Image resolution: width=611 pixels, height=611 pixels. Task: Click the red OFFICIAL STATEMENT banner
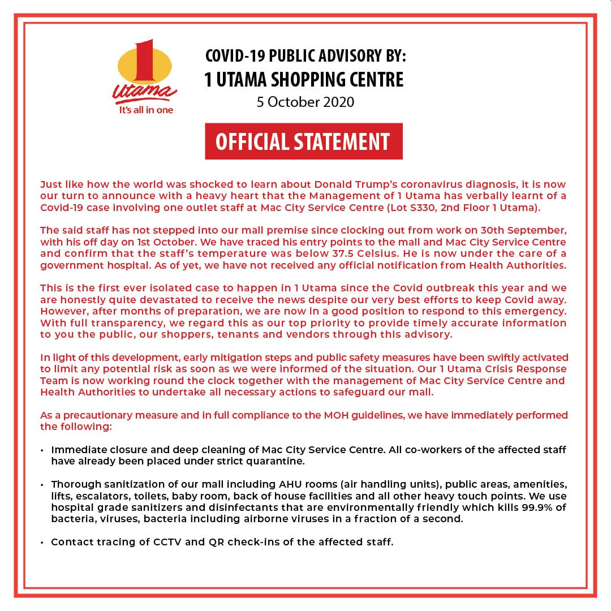click(303, 141)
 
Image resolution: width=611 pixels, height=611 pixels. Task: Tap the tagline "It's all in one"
click(146, 110)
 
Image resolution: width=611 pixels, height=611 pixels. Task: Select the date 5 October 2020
click(305, 102)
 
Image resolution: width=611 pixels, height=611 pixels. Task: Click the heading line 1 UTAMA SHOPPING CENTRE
click(304, 80)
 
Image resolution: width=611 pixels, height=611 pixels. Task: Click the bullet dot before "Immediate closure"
click(44, 450)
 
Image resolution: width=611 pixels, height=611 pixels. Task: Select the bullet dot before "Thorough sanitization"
click(44, 485)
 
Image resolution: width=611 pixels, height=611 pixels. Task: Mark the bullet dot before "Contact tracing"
click(44, 543)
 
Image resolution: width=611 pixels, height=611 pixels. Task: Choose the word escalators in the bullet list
click(96, 496)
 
